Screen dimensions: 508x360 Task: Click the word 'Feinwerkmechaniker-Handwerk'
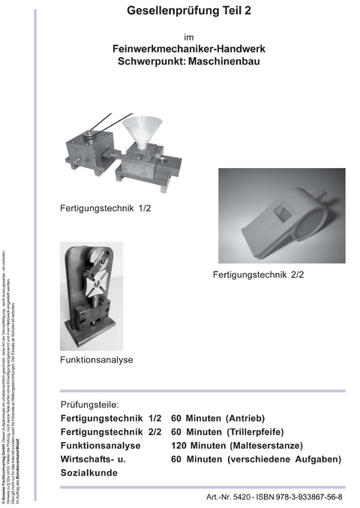[188, 49]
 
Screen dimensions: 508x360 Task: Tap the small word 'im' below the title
[188, 36]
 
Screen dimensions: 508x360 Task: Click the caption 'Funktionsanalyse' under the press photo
[97, 360]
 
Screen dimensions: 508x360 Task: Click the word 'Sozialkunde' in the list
[89, 473]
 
